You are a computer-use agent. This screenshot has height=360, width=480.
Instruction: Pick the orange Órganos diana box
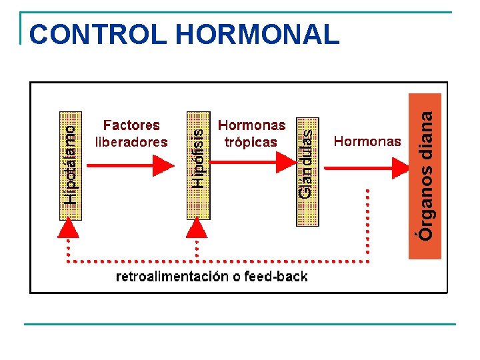click(x=425, y=175)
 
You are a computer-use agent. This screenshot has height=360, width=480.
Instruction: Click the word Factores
click(x=131, y=125)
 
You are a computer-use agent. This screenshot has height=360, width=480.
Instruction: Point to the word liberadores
click(x=131, y=141)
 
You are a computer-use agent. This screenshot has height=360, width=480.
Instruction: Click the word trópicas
click(x=251, y=141)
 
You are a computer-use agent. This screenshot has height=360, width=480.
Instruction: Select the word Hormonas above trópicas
click(x=251, y=125)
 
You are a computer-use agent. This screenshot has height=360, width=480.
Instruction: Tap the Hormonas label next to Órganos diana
click(x=367, y=141)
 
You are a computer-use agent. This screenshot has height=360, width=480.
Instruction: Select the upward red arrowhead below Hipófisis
click(x=196, y=229)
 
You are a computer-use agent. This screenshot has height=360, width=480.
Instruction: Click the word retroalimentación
click(x=173, y=277)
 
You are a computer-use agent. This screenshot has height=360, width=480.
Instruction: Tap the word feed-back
click(x=276, y=277)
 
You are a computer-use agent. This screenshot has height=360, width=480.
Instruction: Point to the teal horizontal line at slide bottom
click(x=240, y=324)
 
